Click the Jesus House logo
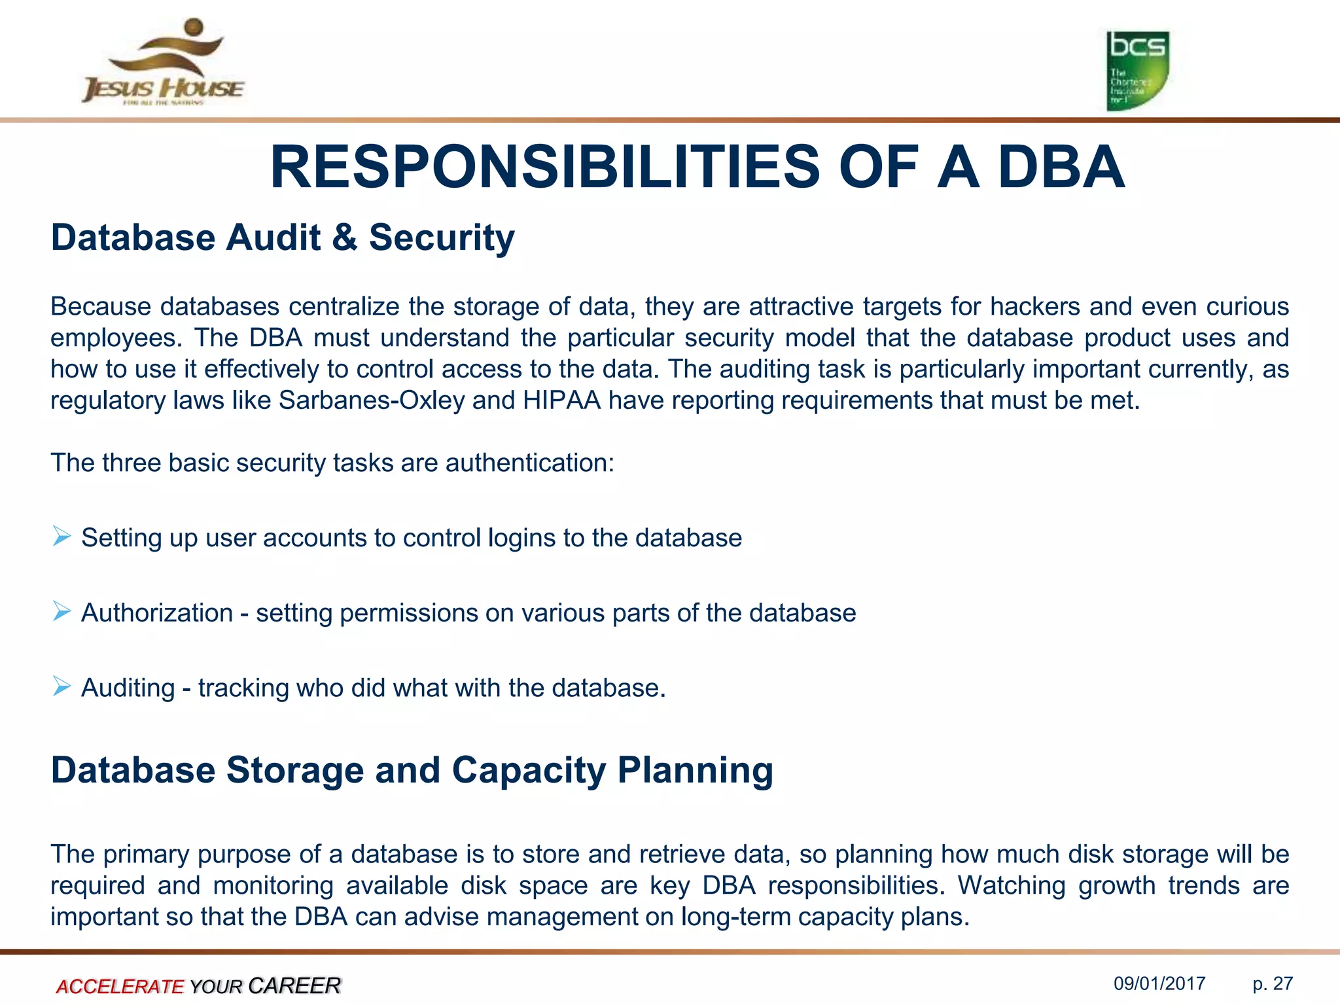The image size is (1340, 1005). [162, 62]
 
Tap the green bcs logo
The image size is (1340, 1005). [1137, 71]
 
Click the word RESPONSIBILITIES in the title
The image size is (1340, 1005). [544, 167]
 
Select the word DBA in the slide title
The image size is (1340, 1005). [1061, 167]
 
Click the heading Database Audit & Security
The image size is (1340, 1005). [283, 238]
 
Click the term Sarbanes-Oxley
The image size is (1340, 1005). [371, 400]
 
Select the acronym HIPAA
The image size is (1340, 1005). [561, 400]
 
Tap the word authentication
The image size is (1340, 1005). [529, 463]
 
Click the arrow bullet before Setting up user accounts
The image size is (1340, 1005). [62, 537]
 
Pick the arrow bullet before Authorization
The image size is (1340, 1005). [62, 612]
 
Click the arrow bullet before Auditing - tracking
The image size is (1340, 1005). [62, 687]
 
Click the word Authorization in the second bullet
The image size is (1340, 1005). [157, 613]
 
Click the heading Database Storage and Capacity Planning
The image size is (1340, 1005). [412, 770]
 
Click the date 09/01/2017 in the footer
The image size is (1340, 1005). [1159, 984]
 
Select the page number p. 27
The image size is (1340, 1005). [1273, 984]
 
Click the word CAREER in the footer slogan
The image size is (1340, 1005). [294, 985]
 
